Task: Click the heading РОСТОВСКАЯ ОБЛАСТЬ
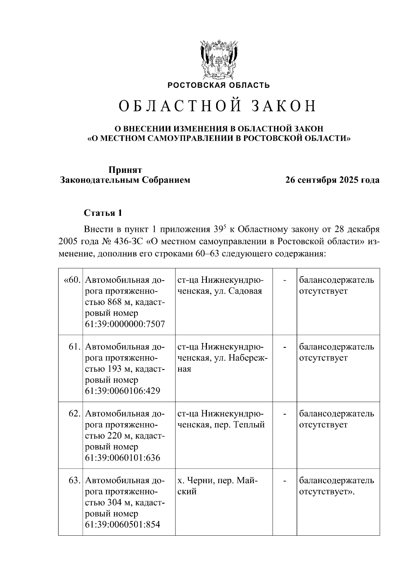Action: tap(218, 85)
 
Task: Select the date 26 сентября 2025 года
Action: tap(332, 180)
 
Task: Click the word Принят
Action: tap(125, 170)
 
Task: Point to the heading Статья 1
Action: tap(103, 213)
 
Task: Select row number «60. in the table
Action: tap(72, 280)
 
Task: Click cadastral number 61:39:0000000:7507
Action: tap(125, 324)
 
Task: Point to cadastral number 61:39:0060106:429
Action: tap(122, 391)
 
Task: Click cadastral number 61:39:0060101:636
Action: tap(122, 458)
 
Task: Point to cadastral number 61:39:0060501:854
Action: tap(122, 524)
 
